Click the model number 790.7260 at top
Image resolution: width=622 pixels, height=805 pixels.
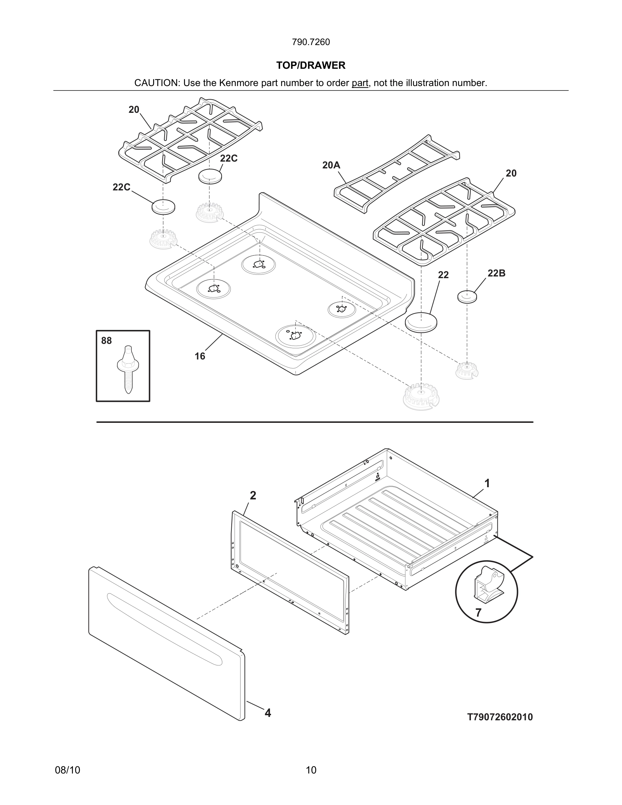(311, 42)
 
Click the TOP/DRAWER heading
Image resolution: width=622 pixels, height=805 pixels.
(311, 66)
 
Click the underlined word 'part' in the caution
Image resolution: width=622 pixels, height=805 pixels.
(360, 83)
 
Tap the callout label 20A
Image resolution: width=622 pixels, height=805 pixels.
(331, 165)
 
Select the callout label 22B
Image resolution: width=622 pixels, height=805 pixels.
(496, 273)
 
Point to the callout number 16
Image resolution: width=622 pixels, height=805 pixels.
(200, 356)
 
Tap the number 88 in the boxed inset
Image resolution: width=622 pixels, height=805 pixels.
(106, 341)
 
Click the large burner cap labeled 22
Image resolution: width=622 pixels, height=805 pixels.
(421, 323)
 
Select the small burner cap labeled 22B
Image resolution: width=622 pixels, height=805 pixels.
(467, 296)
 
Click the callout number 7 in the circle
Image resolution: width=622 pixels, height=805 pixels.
(478, 613)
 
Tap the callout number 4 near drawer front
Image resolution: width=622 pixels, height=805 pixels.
(268, 713)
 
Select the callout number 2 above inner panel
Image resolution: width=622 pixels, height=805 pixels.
(253, 496)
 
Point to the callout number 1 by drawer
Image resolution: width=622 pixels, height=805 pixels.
(487, 483)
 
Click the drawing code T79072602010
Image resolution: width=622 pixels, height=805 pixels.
(500, 717)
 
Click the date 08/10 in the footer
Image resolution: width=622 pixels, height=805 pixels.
(67, 770)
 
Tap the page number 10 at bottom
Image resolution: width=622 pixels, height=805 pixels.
(311, 770)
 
